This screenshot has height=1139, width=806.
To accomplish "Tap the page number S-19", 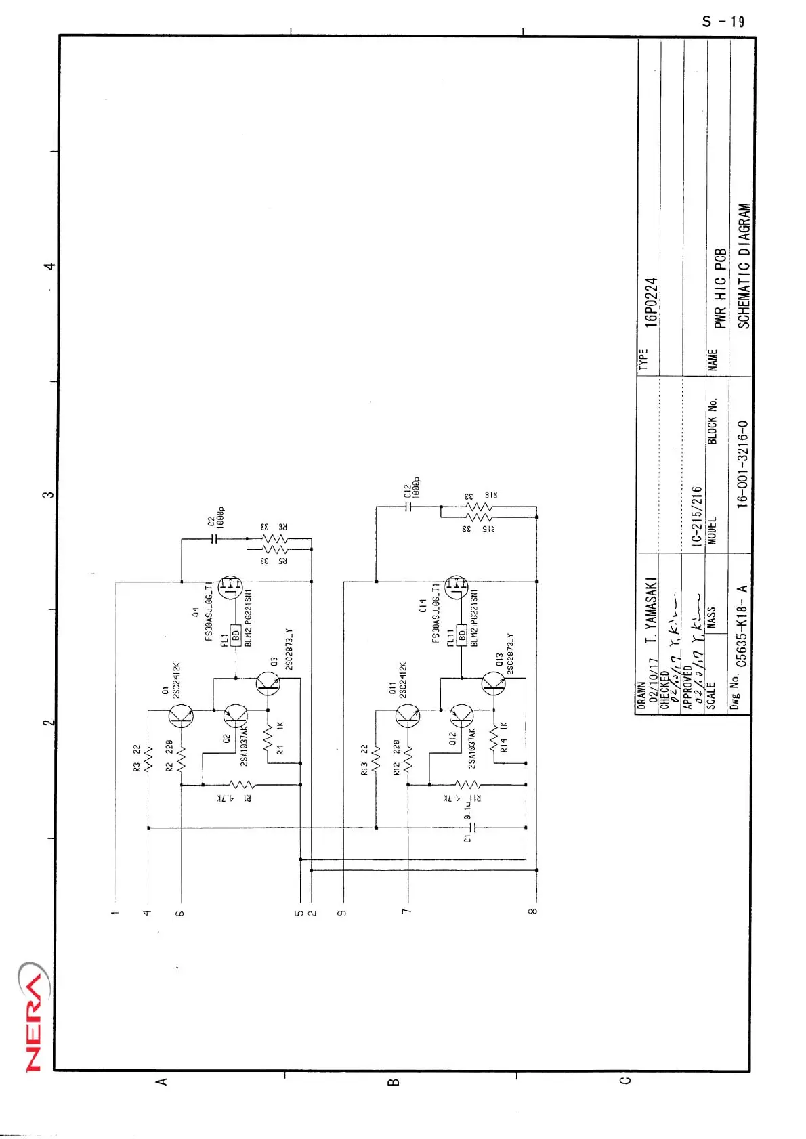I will [723, 22].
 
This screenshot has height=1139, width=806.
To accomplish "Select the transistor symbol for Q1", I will [181, 715].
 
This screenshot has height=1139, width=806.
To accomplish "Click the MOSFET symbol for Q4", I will [231, 586].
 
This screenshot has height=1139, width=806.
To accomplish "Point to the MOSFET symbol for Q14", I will [457, 586].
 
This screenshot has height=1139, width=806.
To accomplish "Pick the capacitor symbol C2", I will [214, 539].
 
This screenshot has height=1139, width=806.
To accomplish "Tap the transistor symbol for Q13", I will [494, 684].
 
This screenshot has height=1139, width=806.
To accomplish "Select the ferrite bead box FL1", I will [236, 635].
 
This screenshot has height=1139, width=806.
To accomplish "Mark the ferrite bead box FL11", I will [462, 635].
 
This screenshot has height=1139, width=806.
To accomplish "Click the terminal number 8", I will [533, 911].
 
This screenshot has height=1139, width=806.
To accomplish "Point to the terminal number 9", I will [343, 912].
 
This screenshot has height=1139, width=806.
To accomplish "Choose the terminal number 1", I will [116, 912].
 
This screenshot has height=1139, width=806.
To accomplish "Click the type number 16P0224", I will [651, 303].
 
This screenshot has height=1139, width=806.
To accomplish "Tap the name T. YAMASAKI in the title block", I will [651, 611].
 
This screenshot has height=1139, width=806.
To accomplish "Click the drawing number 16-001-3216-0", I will [742, 464].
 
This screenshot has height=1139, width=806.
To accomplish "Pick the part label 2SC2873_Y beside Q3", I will [289, 649].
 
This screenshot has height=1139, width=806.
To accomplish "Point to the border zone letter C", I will [625, 1080].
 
